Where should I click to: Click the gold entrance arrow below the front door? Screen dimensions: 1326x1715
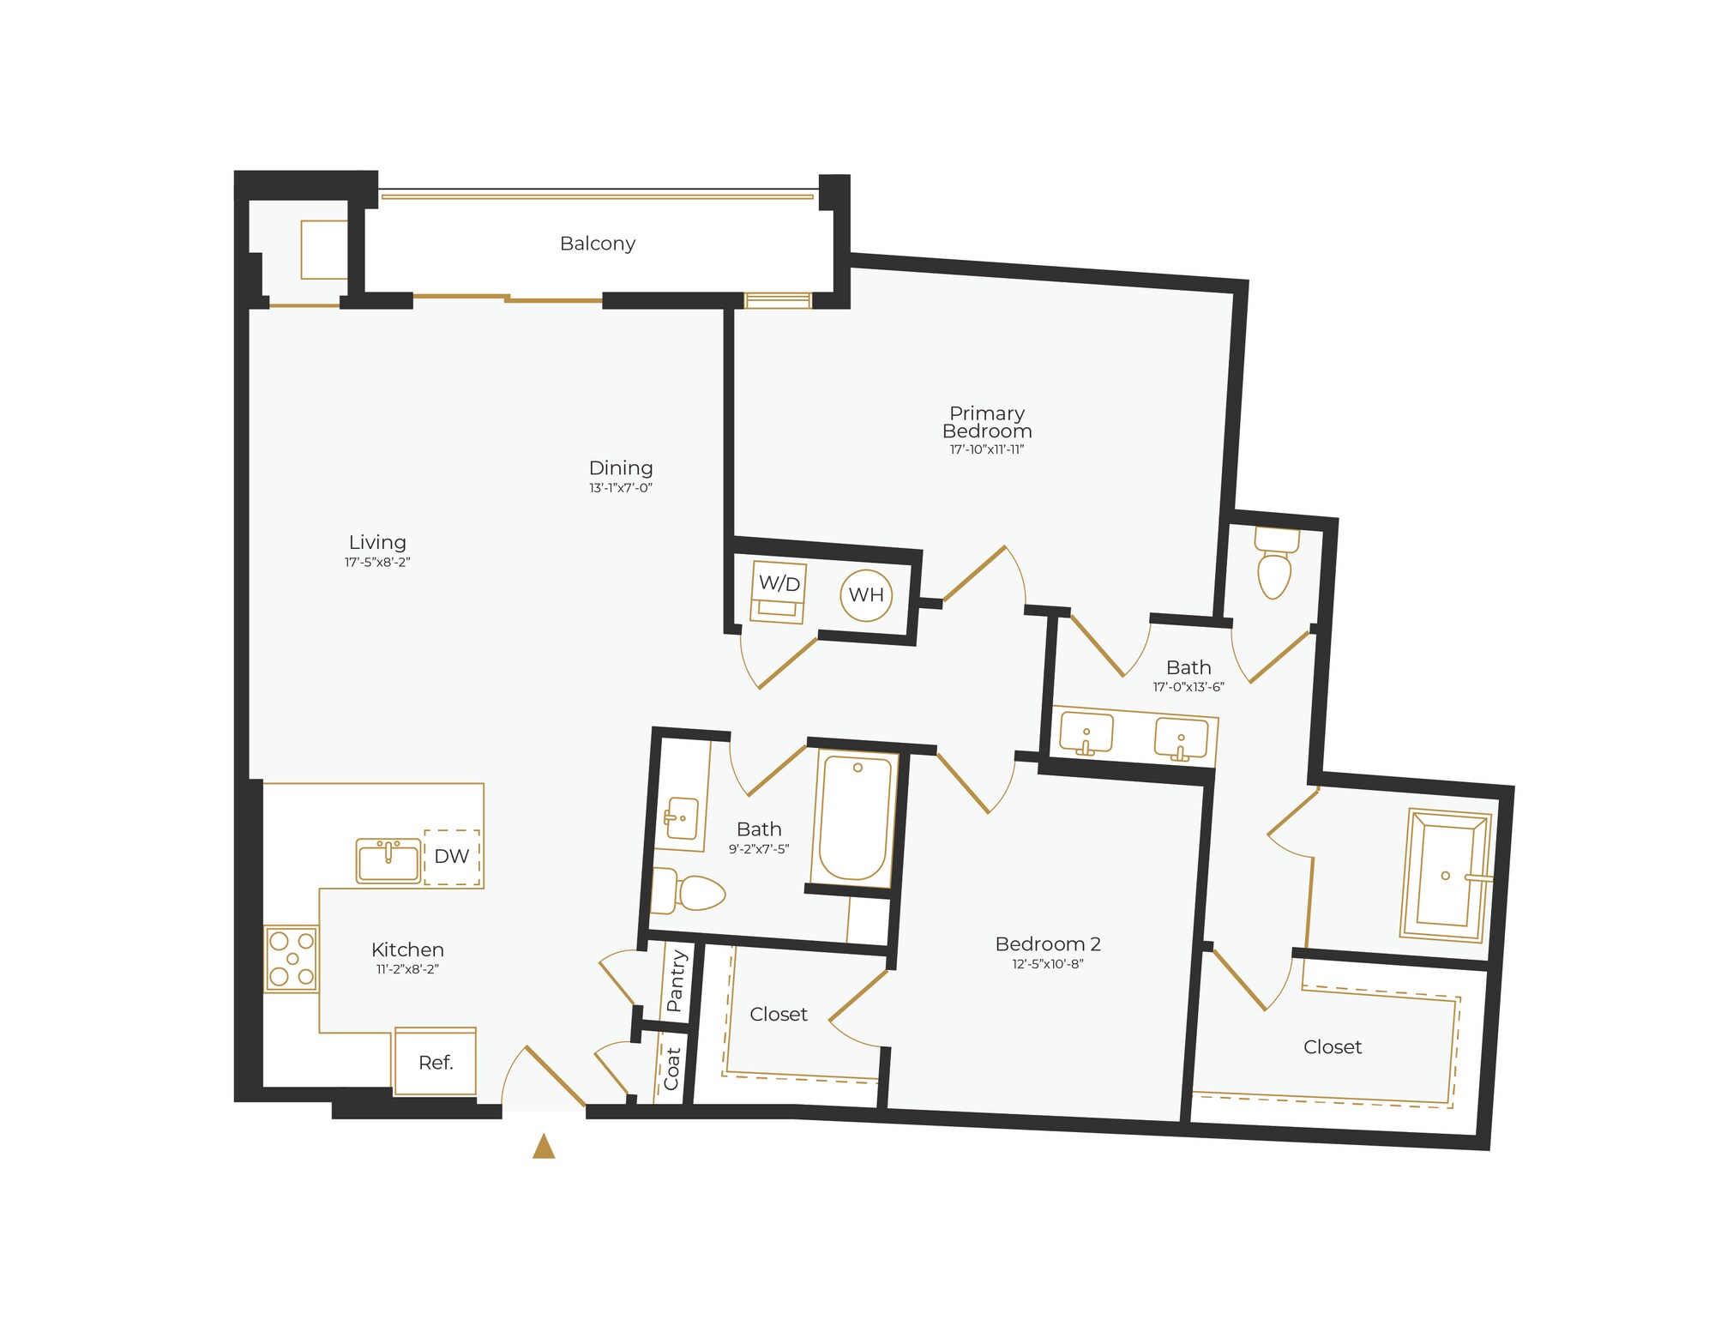pyautogui.click(x=544, y=1147)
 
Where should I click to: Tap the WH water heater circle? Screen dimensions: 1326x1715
pyautogui.click(x=866, y=594)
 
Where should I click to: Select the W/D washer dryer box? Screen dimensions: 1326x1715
pyautogui.click(x=779, y=591)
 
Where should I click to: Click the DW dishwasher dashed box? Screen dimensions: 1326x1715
pyautogui.click(x=452, y=856)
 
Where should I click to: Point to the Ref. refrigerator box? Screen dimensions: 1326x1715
pyautogui.click(x=435, y=1062)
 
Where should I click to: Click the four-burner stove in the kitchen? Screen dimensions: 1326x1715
pyautogui.click(x=292, y=958)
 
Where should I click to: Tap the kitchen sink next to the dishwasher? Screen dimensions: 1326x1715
pyautogui.click(x=388, y=860)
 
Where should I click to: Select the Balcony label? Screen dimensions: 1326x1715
pyautogui.click(x=598, y=244)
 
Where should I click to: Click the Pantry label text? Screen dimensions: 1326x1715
pyautogui.click(x=676, y=980)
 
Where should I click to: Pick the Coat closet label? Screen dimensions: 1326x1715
pyautogui.click(x=671, y=1068)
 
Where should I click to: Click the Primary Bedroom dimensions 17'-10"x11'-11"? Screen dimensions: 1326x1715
pyautogui.click(x=986, y=449)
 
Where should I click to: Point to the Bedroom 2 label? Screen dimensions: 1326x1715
pyautogui.click(x=1048, y=944)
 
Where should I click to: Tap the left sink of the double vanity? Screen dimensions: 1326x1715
pyautogui.click(x=1086, y=735)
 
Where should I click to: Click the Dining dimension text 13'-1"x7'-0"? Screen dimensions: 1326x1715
pyautogui.click(x=621, y=488)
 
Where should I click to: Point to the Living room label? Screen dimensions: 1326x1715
pyautogui.click(x=377, y=542)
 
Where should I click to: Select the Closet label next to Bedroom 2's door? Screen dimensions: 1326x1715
pyautogui.click(x=779, y=1015)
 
